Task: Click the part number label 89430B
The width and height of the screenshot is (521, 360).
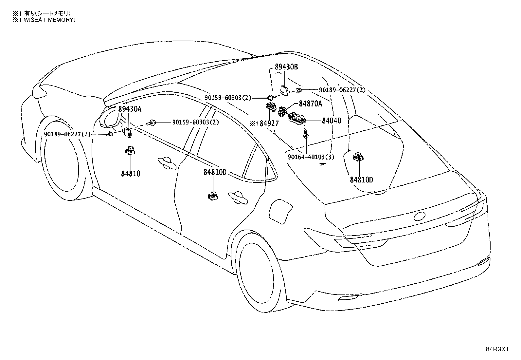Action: click(x=286, y=67)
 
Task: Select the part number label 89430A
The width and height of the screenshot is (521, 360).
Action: click(x=130, y=109)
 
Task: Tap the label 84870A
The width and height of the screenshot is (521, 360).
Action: click(x=310, y=104)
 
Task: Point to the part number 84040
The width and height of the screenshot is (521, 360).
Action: click(x=332, y=121)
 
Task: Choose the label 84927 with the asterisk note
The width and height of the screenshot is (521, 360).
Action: click(x=264, y=123)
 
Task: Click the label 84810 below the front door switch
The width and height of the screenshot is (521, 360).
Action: click(x=131, y=174)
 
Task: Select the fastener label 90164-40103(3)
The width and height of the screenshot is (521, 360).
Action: click(x=311, y=157)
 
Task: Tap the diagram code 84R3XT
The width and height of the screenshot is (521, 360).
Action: click(x=497, y=349)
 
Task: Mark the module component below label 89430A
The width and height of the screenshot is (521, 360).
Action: click(x=127, y=133)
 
